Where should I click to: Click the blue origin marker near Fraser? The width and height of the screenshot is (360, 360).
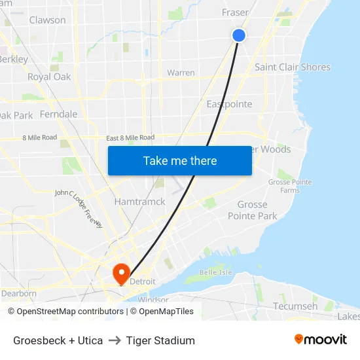[239, 35]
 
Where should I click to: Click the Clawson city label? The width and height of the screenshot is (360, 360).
[47, 20]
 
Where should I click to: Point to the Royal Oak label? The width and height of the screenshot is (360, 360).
[49, 77]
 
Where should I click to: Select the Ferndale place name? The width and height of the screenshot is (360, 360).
[58, 114]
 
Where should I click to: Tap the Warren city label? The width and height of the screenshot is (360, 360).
[181, 73]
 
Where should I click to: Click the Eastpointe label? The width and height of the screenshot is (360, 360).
[229, 104]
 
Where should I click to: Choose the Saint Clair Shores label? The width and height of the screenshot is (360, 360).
[292, 67]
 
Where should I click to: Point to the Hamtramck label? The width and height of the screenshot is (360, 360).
[140, 202]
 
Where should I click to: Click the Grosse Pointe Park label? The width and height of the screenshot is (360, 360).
[252, 210]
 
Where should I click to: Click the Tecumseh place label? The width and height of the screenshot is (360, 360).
[295, 306]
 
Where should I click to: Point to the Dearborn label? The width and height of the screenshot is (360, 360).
[18, 293]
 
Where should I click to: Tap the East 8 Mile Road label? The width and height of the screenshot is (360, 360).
[130, 137]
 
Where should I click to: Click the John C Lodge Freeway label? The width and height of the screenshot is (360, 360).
[79, 209]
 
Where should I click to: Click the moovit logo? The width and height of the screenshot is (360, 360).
[320, 339]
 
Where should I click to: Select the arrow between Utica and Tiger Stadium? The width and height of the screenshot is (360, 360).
[115, 340]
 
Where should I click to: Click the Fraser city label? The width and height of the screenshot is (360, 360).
[235, 12]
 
